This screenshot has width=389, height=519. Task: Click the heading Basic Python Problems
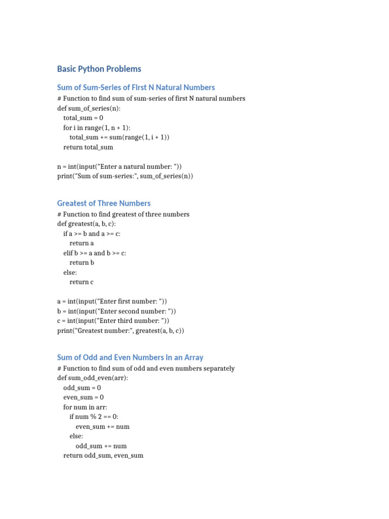[99, 69]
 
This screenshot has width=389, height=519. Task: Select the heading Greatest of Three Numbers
[104, 203]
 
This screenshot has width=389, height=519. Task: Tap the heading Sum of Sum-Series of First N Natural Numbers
[136, 88]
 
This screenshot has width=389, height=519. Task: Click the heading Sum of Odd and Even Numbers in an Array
[130, 357]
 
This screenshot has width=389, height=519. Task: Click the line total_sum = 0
[83, 118]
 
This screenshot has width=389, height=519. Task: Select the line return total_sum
[88, 147]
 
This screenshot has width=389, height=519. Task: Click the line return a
[82, 243]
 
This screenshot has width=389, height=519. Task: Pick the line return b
[82, 263]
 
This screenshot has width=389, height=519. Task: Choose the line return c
[82, 282]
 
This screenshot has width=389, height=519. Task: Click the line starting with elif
[95, 253]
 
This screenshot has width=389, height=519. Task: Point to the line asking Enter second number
[116, 311]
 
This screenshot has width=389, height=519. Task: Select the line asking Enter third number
[113, 321]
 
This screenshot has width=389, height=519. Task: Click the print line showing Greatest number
[121, 330]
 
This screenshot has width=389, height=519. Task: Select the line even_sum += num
[102, 426]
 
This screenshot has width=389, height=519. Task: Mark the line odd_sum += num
[101, 446]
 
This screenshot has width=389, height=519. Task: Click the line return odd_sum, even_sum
[103, 456]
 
